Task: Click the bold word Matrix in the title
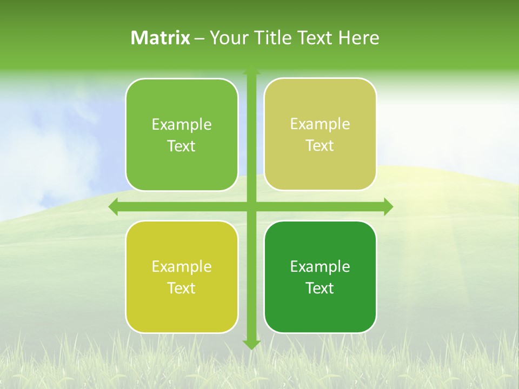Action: coord(160,38)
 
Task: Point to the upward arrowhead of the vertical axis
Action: coord(251,71)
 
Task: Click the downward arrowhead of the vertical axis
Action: coord(251,344)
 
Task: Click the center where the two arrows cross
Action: coord(251,207)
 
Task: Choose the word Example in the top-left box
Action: coord(182,125)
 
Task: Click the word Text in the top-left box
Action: coord(182,146)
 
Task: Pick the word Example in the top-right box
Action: coord(320,124)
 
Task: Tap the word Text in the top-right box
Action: coord(320,146)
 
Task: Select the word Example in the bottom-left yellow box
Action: coord(182,267)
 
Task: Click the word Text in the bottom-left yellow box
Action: coord(182,289)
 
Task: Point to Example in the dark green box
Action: coord(320,267)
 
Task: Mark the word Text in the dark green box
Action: coord(320,289)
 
